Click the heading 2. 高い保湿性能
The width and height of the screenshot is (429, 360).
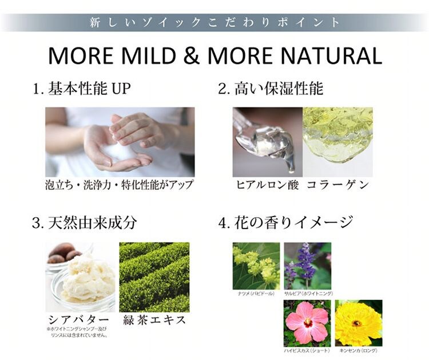[271, 89]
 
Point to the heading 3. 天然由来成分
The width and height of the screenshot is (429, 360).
[84, 222]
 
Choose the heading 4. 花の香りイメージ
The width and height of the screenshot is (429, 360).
[286, 222]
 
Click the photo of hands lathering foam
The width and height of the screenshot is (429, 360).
[120, 142]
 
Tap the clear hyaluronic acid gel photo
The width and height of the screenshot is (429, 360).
[267, 142]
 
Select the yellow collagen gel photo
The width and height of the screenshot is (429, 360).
[337, 142]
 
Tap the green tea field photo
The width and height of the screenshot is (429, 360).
[154, 277]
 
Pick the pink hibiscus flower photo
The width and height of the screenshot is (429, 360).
[307, 322]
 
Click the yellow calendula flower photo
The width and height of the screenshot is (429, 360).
[358, 322]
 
